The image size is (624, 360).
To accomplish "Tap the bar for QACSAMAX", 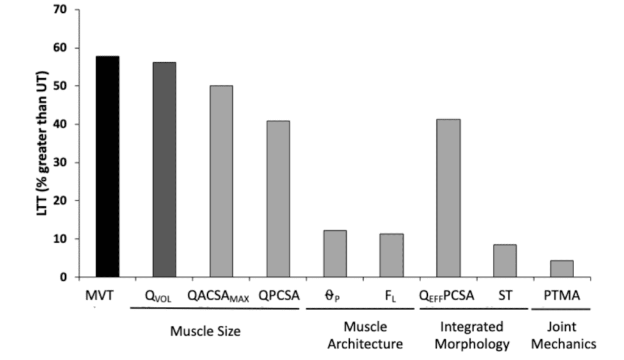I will tap(221, 181).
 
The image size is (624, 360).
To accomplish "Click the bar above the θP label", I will tap(335, 253).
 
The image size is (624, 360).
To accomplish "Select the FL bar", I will tap(391, 255).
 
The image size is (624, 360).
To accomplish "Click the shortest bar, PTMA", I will tap(562, 269).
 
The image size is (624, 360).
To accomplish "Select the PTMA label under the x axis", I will tap(562, 296).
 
